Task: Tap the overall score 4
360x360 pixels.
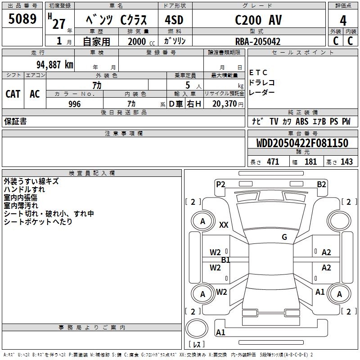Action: tap(343, 21)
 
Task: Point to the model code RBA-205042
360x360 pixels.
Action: tap(258, 42)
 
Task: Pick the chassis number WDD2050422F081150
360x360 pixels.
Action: tap(302, 144)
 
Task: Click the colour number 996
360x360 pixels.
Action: tap(75, 104)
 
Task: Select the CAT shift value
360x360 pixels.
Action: tap(13, 94)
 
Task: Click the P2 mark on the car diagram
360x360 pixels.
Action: tap(220, 184)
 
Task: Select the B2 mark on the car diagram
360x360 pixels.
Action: tap(321, 184)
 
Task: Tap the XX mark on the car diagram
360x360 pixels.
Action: tap(224, 225)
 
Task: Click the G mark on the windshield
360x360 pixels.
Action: tap(284, 237)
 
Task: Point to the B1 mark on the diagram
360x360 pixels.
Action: tap(225, 260)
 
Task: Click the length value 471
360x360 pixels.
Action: tap(273, 162)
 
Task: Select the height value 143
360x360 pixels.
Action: tap(346, 162)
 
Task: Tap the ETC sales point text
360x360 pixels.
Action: tap(258, 72)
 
